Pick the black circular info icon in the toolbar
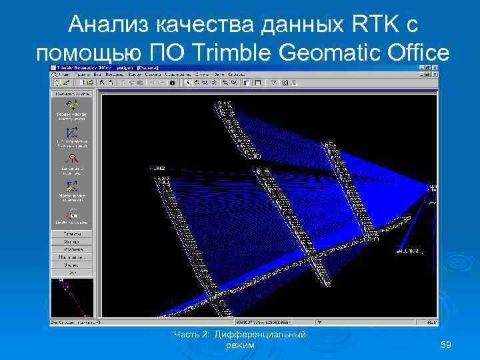pos(173,83)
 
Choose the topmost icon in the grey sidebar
pos(72,106)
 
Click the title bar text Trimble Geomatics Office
pos(87,69)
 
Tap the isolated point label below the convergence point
pos(410,251)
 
